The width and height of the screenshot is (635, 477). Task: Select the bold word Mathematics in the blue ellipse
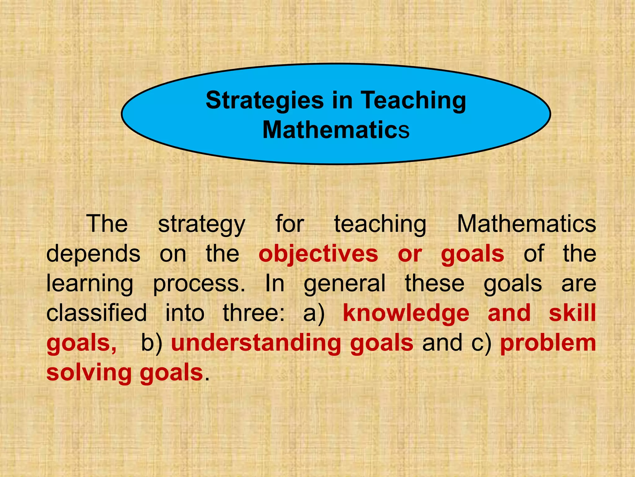(x=336, y=130)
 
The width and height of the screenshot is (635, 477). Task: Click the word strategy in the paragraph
(x=202, y=224)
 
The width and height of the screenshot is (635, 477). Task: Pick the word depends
(x=93, y=254)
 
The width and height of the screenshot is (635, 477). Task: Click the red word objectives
(x=318, y=254)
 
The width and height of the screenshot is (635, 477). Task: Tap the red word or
(x=410, y=254)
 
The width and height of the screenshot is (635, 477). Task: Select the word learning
(x=90, y=284)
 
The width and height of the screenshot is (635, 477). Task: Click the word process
(x=199, y=284)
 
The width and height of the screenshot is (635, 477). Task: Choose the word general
(x=344, y=284)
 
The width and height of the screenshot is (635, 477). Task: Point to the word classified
(x=96, y=313)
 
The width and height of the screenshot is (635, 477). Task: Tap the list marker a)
(x=313, y=313)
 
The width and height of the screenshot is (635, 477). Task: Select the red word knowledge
(x=406, y=313)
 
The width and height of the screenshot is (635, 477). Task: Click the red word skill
(x=572, y=313)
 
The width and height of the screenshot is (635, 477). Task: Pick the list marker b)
(x=152, y=343)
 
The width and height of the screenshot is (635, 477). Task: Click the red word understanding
(x=256, y=343)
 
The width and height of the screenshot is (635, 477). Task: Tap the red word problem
(x=548, y=343)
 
